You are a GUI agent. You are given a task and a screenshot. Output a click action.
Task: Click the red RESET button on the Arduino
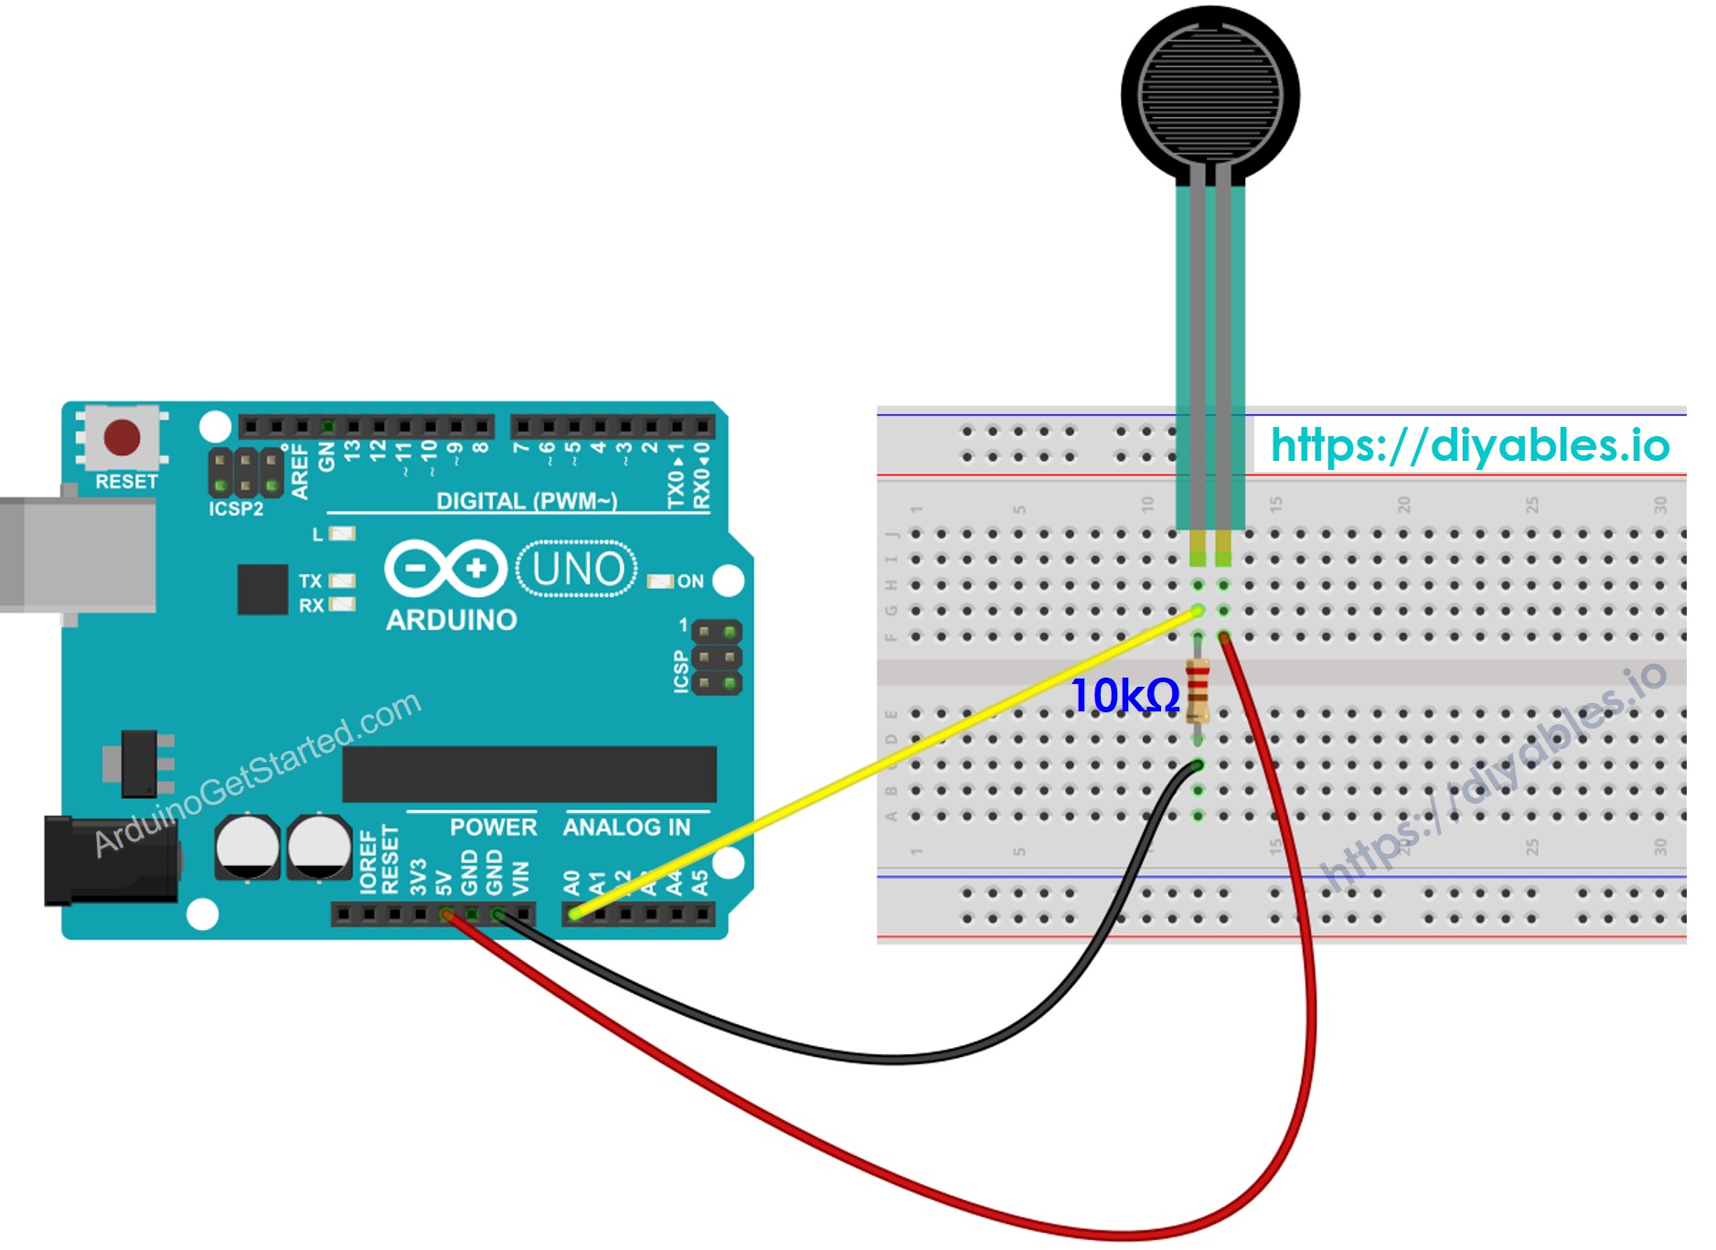click(122, 438)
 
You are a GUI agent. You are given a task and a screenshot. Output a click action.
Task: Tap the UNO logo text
click(577, 569)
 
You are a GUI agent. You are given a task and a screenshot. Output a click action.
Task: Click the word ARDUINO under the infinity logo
click(451, 620)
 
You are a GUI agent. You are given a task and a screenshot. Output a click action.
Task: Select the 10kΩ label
click(1124, 696)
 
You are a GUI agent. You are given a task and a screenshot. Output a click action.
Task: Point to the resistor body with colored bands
click(1197, 691)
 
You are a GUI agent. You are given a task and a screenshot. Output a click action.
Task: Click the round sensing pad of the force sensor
click(1210, 94)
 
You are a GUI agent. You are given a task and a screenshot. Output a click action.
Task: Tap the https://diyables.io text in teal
click(1469, 445)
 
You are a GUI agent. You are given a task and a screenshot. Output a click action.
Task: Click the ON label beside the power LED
click(690, 582)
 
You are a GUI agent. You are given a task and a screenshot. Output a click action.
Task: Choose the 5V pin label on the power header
click(444, 881)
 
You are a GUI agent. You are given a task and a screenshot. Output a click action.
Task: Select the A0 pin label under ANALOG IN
click(571, 881)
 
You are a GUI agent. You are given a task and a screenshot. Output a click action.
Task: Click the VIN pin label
click(520, 878)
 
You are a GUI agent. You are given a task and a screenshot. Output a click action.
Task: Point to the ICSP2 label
click(236, 508)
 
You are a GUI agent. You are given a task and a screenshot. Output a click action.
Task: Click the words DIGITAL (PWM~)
click(527, 500)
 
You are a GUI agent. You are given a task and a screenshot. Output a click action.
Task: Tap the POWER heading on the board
click(493, 827)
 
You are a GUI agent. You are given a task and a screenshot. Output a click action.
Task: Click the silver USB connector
click(78, 553)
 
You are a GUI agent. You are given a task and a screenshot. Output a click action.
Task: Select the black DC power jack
click(110, 860)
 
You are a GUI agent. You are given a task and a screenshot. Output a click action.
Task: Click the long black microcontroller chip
click(529, 774)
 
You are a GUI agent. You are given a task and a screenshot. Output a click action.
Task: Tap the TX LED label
click(310, 581)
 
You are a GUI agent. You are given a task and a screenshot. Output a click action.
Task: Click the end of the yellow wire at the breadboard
click(1197, 611)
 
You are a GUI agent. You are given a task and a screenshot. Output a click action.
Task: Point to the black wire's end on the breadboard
click(1197, 764)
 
